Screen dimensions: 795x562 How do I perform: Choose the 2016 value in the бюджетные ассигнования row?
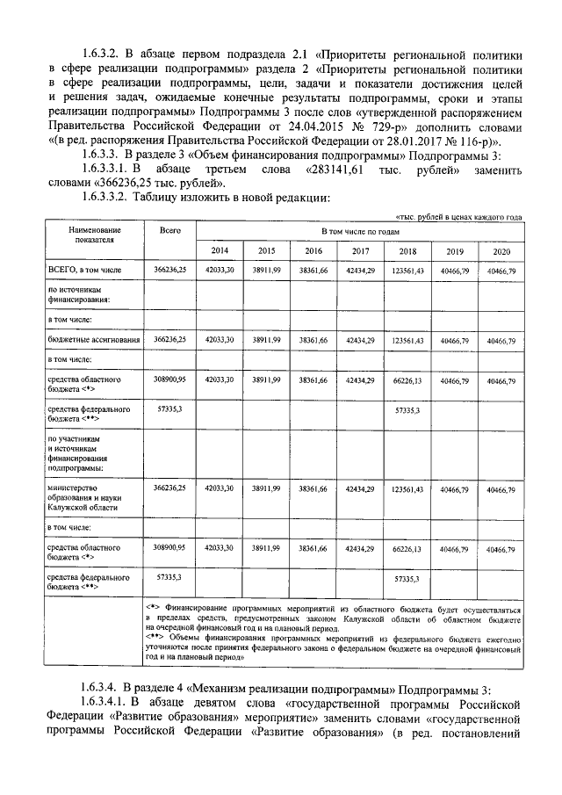point(313,338)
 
